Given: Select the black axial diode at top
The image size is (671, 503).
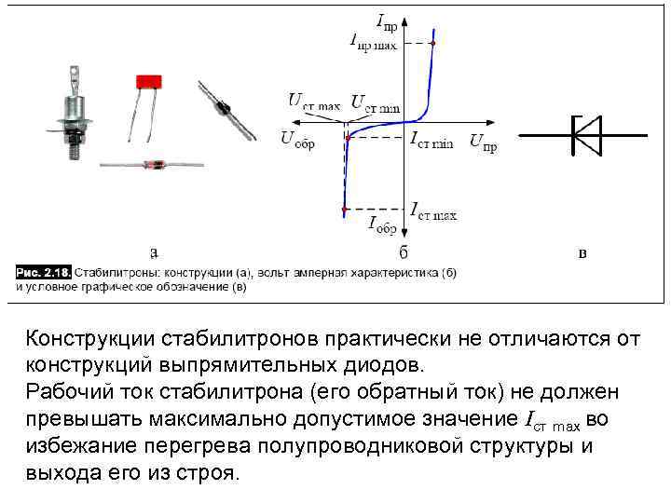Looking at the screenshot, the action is pyautogui.click(x=224, y=108).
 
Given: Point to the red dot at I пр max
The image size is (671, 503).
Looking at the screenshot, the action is pyautogui.click(x=433, y=43).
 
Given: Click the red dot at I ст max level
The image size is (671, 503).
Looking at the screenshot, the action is pyautogui.click(x=346, y=208).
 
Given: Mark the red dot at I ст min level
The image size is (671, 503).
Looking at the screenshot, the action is pyautogui.click(x=348, y=137).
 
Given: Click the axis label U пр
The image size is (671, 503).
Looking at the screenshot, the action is pyautogui.click(x=488, y=143).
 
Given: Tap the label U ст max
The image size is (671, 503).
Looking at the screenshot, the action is pyautogui.click(x=314, y=102).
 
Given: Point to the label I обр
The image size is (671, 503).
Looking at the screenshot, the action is pyautogui.click(x=383, y=223).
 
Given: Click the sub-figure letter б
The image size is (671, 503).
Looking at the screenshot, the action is pyautogui.click(x=404, y=251).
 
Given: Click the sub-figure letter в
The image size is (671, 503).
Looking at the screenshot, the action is pyautogui.click(x=583, y=251).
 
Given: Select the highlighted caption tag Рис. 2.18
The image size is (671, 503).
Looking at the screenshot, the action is pyautogui.click(x=43, y=273).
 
